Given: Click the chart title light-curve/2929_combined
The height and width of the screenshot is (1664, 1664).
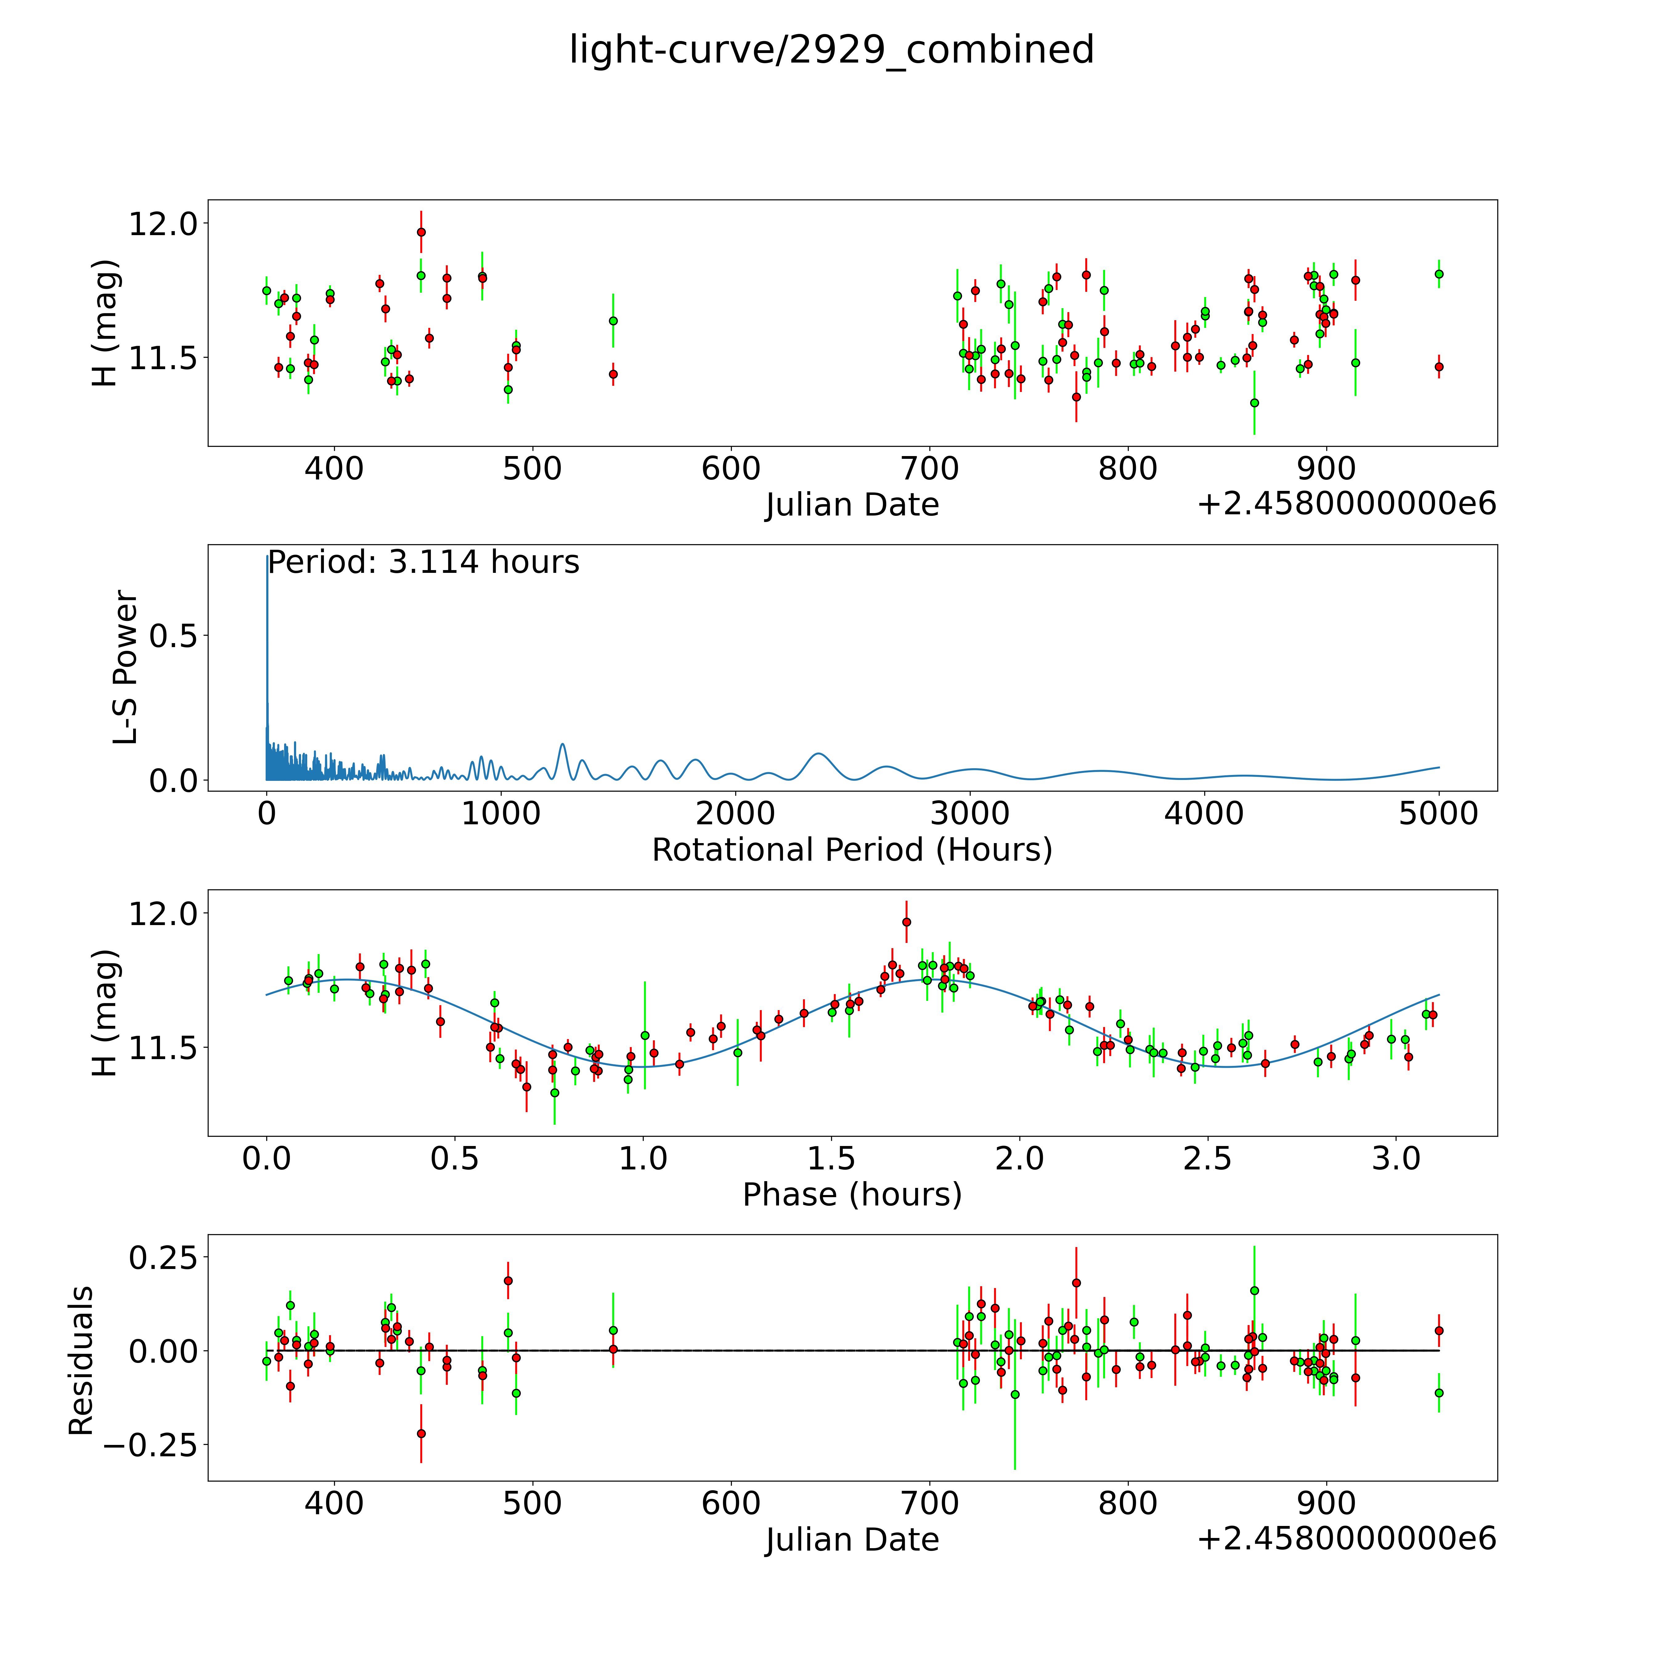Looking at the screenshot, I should [831, 50].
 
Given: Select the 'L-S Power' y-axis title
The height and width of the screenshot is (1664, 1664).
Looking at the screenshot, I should [126, 667].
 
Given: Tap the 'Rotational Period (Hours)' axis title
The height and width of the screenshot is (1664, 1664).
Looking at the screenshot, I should [852, 850].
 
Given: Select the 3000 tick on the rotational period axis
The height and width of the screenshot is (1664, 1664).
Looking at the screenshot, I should [970, 814].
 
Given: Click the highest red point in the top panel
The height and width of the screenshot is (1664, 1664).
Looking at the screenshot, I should [421, 232].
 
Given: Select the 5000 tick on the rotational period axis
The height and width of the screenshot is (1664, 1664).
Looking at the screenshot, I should [1438, 814].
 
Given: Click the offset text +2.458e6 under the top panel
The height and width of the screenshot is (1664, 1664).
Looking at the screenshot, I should [1346, 504].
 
